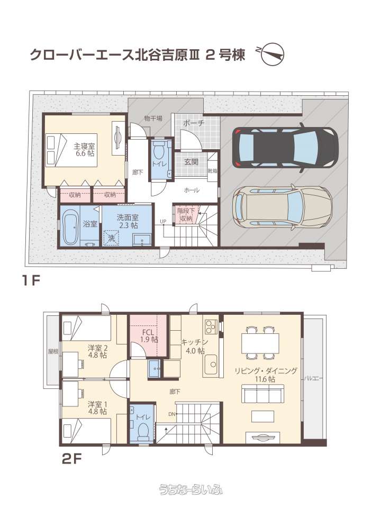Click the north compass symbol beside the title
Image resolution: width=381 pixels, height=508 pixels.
tap(272, 55)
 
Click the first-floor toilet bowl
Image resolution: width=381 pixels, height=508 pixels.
tap(158, 152)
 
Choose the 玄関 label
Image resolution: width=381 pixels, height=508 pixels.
tap(192, 162)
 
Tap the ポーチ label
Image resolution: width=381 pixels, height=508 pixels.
tap(194, 123)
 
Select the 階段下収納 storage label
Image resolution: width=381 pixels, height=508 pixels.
tap(186, 214)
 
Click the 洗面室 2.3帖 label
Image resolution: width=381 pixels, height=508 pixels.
tap(128, 221)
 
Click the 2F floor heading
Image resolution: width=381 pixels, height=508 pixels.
tap(71, 459)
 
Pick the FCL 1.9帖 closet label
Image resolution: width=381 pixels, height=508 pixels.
tap(150, 336)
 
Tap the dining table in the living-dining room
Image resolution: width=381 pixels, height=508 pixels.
tap(260, 343)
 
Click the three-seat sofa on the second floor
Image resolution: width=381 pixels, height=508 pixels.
tap(263, 394)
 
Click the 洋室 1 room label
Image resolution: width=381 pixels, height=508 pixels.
tap(97, 408)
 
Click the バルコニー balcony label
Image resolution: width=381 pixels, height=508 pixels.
tap(313, 378)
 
